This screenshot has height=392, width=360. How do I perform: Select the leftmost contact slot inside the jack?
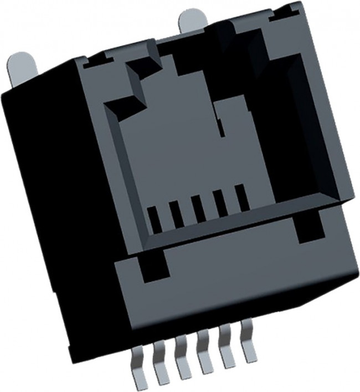coord(155,220)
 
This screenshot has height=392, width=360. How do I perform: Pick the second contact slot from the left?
coord(177,215)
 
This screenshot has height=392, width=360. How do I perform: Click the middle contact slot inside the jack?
coord(198,210)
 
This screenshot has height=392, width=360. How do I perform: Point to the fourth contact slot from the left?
coord(220,205)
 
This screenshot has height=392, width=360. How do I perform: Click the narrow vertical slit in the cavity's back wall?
coord(222,128)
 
